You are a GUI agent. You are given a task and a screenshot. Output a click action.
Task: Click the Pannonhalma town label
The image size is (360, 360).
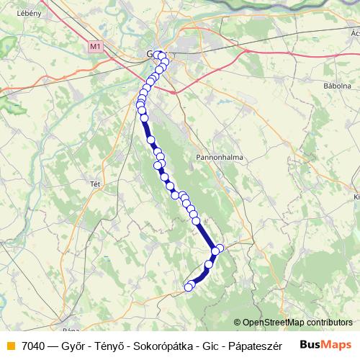219,156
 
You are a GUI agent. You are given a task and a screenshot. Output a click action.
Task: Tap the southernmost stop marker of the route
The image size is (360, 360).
189,287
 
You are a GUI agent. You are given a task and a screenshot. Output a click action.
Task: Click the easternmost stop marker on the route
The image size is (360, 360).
220,248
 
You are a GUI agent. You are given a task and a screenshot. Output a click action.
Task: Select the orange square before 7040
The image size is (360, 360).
10,346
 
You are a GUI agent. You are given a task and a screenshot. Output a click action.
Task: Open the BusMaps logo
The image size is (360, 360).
323,345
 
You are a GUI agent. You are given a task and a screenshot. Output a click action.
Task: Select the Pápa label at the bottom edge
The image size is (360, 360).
71,330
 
